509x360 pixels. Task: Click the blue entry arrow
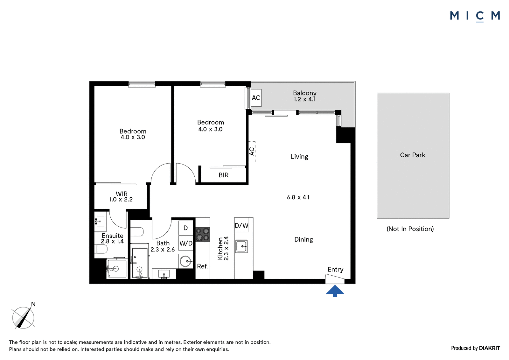pyautogui.click(x=335, y=291)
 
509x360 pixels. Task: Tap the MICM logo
pyautogui.click(x=475, y=16)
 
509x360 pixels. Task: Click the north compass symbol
pyautogui.click(x=24, y=316)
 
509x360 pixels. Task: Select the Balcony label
pyautogui.click(x=304, y=93)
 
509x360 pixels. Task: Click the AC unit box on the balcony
pyautogui.click(x=256, y=98)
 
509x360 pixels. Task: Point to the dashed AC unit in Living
pyautogui.click(x=252, y=152)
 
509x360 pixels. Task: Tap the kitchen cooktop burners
pyautogui.click(x=203, y=235)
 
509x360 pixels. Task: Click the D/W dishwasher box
pyautogui.click(x=241, y=225)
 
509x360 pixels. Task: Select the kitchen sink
pyautogui.click(x=241, y=246)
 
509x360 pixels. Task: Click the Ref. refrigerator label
pyautogui.click(x=202, y=266)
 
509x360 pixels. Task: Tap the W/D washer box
pyautogui.click(x=186, y=243)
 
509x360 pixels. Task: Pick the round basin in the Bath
pyautogui.click(x=186, y=261)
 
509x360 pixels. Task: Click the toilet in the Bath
pyautogui.click(x=137, y=232)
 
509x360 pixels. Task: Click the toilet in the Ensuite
pyautogui.click(x=101, y=249)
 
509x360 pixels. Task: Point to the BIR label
pyautogui.click(x=224, y=175)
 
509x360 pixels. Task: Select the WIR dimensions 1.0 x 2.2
pyautogui.click(x=121, y=200)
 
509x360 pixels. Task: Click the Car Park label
pyautogui.click(x=412, y=155)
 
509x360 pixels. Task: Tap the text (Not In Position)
pyautogui.click(x=410, y=229)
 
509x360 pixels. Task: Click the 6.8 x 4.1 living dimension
pyautogui.click(x=298, y=197)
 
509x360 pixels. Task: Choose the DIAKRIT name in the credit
pyautogui.click(x=490, y=348)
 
